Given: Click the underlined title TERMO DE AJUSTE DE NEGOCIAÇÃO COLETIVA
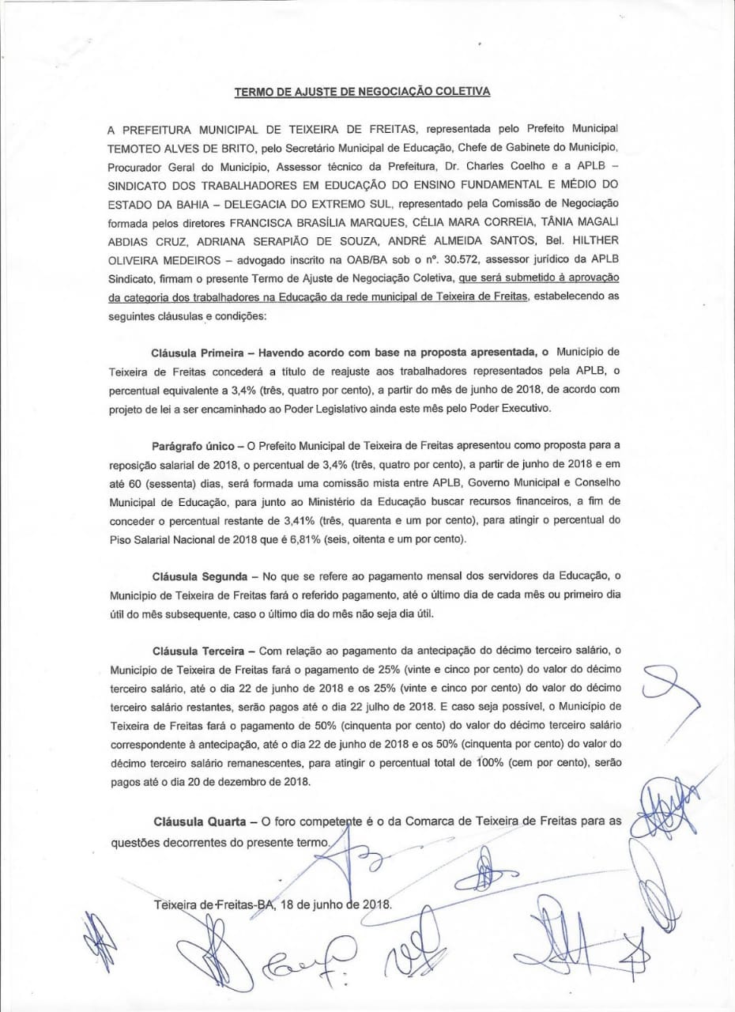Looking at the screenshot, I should pos(362,91).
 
